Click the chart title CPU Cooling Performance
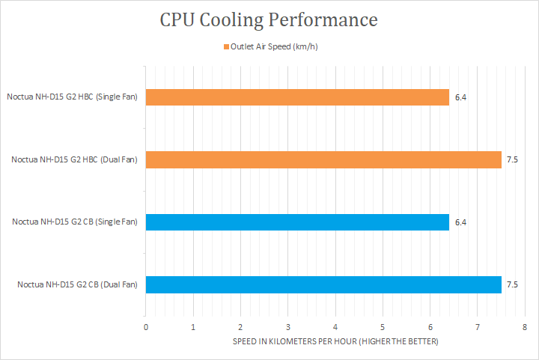tap(269, 19)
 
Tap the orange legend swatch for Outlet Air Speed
tap(225, 47)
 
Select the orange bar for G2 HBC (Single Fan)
tap(297, 97)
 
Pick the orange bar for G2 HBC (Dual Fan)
tap(323, 159)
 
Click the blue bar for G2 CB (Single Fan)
tap(297, 222)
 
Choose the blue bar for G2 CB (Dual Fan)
tap(323, 284)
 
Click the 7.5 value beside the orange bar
tap(512, 159)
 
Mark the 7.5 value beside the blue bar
tap(512, 284)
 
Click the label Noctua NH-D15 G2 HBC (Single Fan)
tap(72, 97)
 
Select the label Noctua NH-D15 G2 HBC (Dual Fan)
tap(74, 159)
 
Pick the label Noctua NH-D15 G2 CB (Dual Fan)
tap(77, 284)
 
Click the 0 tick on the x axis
tap(146, 328)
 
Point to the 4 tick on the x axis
tap(335, 328)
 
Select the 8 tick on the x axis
tap(525, 328)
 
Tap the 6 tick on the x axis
tap(430, 328)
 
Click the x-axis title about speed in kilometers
tap(335, 342)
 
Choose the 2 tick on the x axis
tap(240, 328)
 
